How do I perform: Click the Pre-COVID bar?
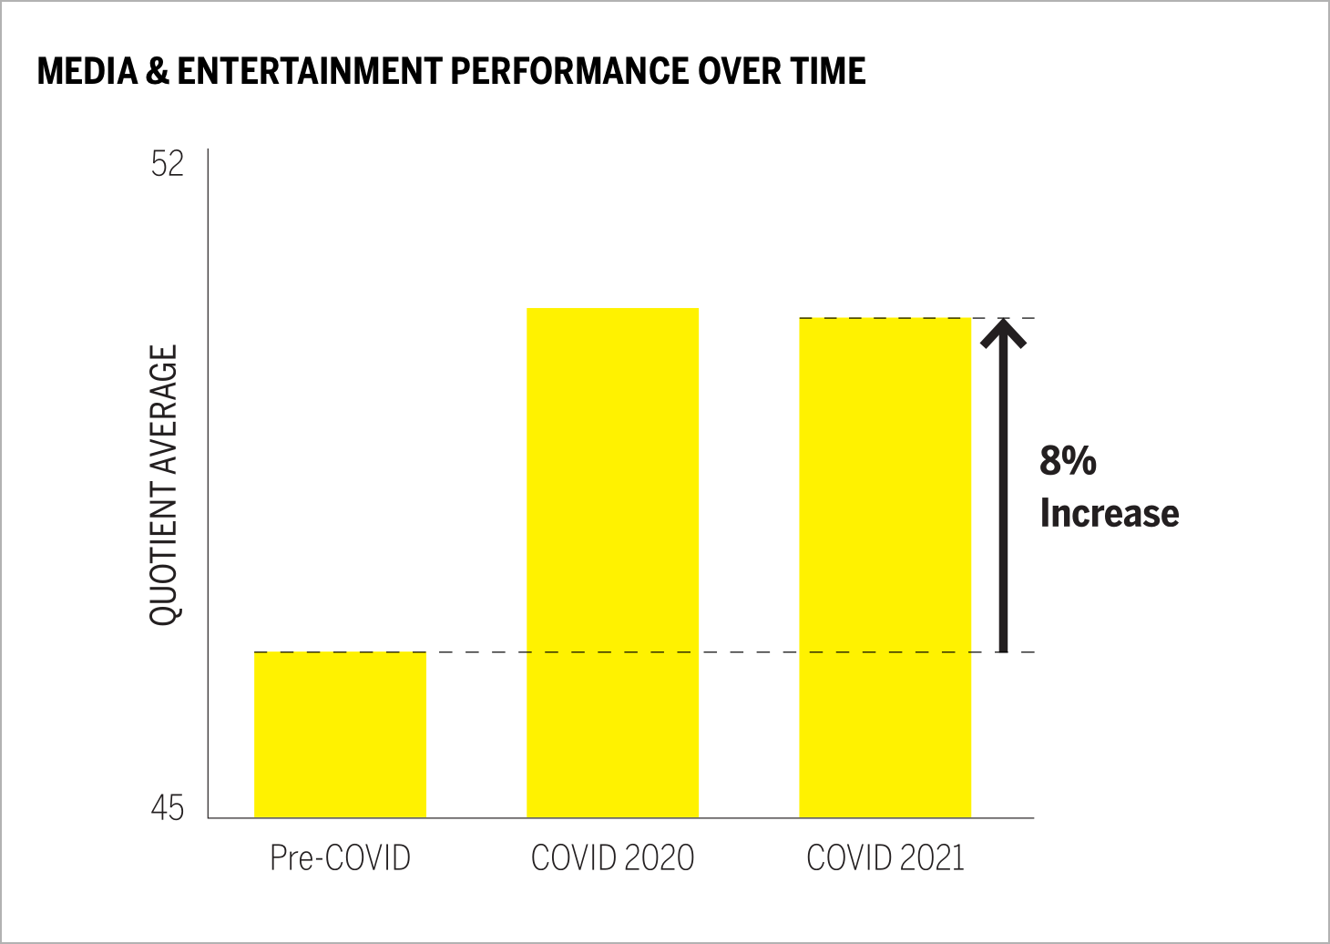point(340,734)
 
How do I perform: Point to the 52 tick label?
point(168,164)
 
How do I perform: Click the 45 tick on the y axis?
point(168,808)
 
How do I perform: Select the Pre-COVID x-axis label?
point(340,857)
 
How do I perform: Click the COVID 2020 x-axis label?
point(612,857)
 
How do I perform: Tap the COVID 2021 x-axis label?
point(885,857)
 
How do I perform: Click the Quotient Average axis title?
point(165,485)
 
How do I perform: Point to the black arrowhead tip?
point(1003,322)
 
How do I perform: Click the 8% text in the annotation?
point(1068,461)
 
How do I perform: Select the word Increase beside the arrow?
point(1109,513)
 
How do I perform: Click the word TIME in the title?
point(825,71)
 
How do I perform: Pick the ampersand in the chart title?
point(156,71)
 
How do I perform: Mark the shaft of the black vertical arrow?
point(1003,492)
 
